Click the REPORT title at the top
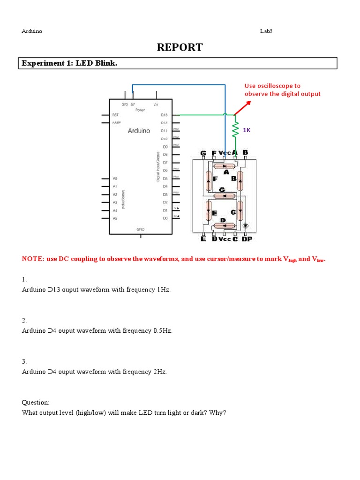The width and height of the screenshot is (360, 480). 180,47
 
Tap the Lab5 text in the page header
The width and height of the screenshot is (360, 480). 266,31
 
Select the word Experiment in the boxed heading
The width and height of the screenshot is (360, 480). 41,63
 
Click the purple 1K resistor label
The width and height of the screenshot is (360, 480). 246,130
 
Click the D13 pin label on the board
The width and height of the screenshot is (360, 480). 164,115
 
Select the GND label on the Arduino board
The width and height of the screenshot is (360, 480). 140,229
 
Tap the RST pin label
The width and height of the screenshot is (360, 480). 115,115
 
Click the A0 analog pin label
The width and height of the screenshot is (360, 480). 115,179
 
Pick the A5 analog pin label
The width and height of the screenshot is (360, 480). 115,218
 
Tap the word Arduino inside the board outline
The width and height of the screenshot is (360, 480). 139,131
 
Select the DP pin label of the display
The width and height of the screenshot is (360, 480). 247,239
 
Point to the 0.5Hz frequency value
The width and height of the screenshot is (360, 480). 163,331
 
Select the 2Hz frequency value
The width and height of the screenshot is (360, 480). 160,372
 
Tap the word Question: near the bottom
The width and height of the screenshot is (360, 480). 35,402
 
